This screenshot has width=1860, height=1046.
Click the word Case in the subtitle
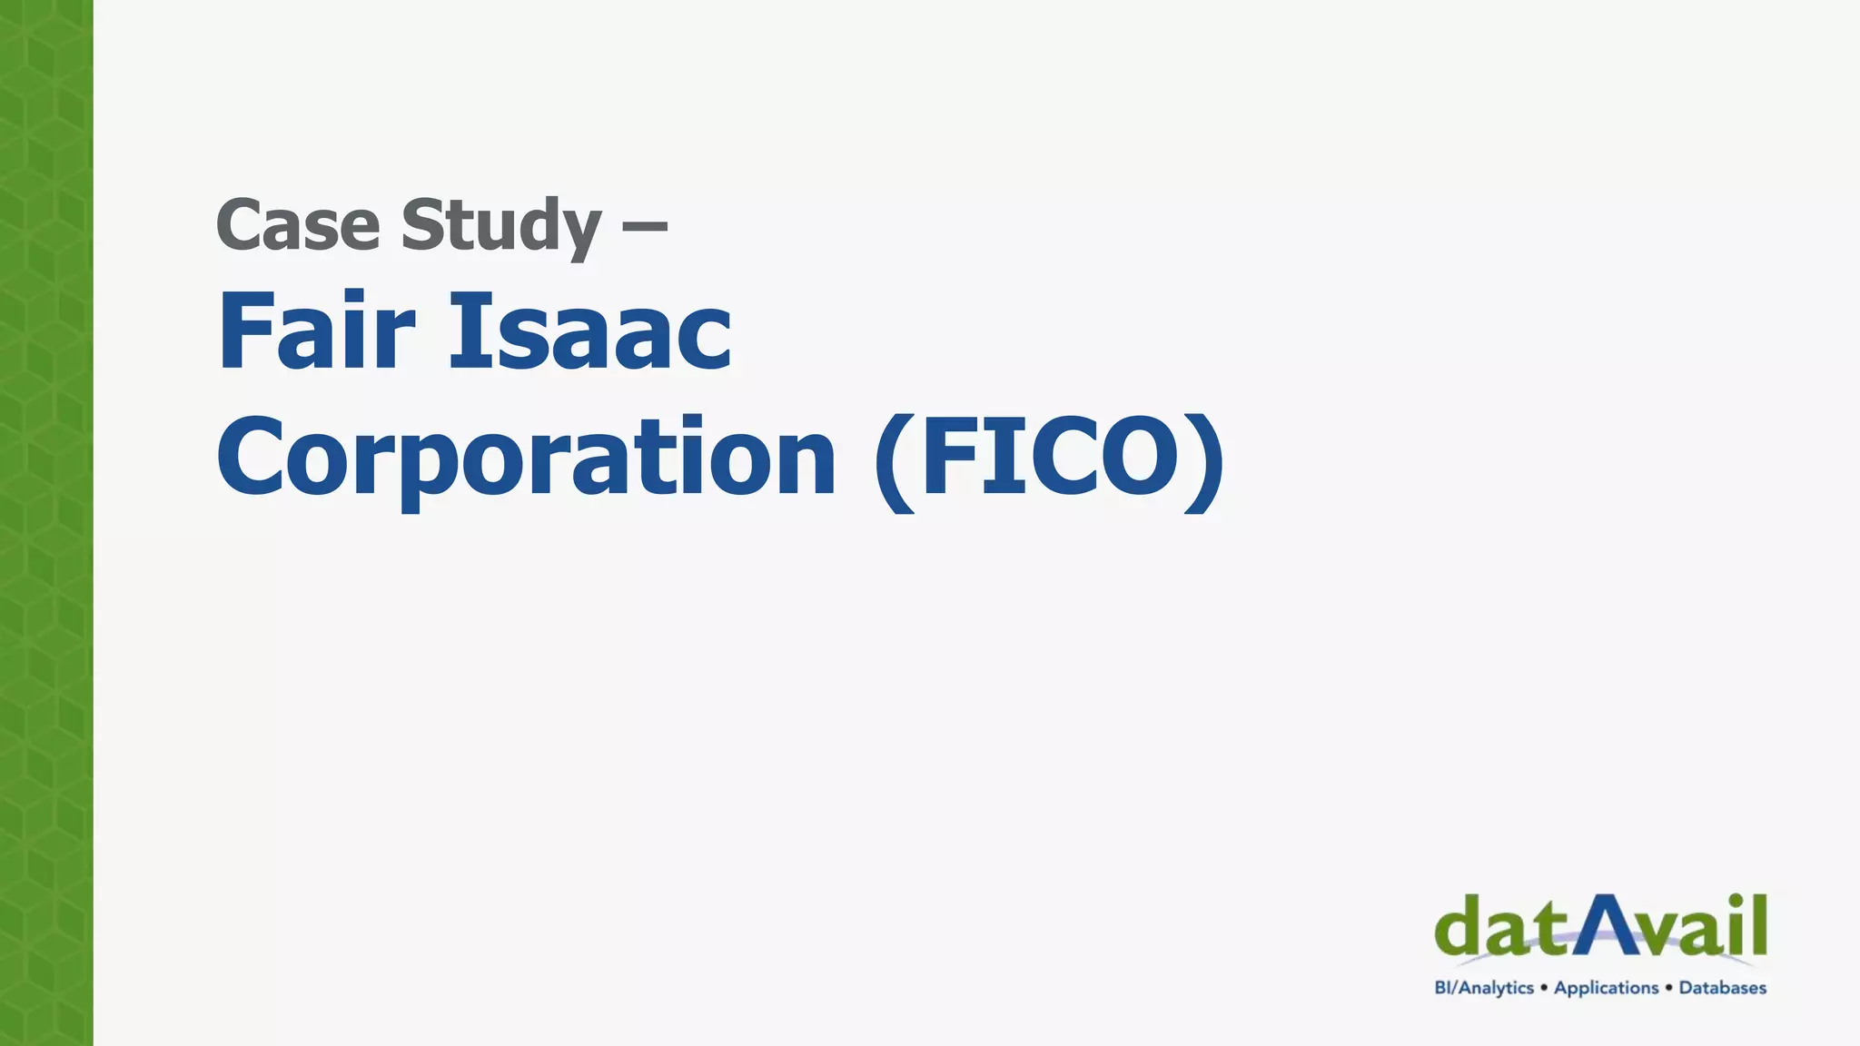pyautogui.click(x=297, y=225)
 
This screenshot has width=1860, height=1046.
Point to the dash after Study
pyautogui.click(x=645, y=223)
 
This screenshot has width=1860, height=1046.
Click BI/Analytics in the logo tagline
pyautogui.click(x=1484, y=988)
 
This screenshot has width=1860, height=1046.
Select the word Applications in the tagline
pyautogui.click(x=1606, y=988)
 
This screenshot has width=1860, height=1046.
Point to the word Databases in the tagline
pyautogui.click(x=1722, y=988)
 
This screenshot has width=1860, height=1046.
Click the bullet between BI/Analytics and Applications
pyautogui.click(x=1544, y=987)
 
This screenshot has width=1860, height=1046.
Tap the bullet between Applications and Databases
pyautogui.click(x=1668, y=987)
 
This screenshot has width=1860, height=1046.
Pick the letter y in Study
pyautogui.click(x=582, y=232)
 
